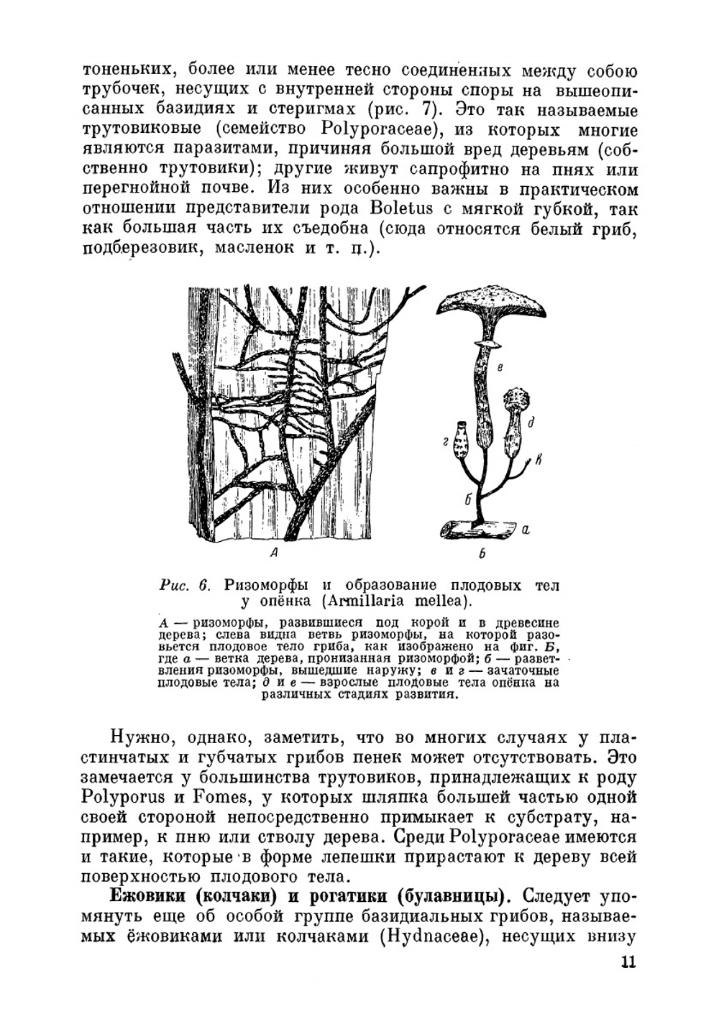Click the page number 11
pos(627,962)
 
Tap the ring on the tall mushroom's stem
pos(487,346)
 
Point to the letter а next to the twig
pos(525,530)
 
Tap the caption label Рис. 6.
pos(183,585)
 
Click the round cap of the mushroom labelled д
pos(516,400)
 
